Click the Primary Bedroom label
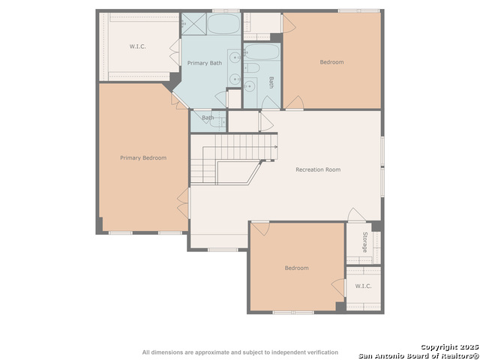point(143,158)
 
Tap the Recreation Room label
point(318,169)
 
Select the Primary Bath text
point(205,63)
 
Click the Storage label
point(365,242)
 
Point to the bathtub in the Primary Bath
point(223,23)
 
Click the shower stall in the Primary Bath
point(193,23)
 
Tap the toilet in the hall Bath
point(252,67)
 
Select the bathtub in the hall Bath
point(262,52)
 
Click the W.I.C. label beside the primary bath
point(137,46)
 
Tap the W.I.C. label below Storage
point(363,286)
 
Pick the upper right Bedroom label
point(331,62)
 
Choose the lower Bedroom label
point(297,268)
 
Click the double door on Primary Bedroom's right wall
point(183,203)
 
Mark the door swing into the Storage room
point(356,214)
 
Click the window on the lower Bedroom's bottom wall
point(293,313)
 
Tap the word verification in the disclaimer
point(323,352)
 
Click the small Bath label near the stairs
point(208,118)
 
